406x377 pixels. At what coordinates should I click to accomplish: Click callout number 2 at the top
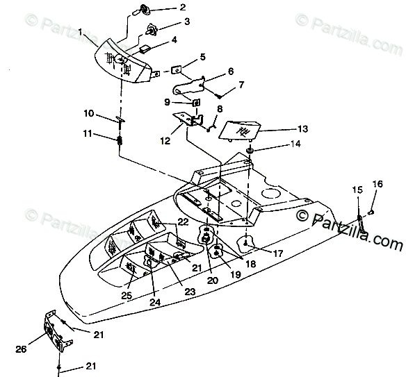(x=183, y=7)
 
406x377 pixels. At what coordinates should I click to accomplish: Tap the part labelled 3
(x=152, y=29)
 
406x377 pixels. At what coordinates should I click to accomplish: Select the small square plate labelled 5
(x=176, y=70)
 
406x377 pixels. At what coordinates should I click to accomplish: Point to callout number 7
(x=241, y=85)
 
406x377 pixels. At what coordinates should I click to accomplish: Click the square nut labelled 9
(x=197, y=103)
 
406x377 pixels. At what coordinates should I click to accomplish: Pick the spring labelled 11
(x=120, y=140)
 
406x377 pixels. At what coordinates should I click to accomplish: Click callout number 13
(x=302, y=128)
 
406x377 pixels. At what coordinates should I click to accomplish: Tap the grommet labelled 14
(x=250, y=151)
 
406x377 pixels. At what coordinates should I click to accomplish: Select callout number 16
(x=377, y=184)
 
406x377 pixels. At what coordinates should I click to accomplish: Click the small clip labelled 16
(x=371, y=212)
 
